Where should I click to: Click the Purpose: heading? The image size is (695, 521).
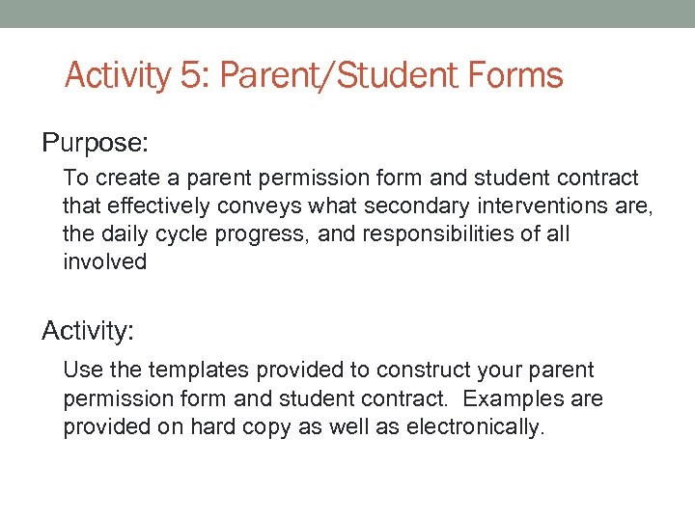[x=95, y=144]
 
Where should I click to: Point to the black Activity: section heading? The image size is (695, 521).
[x=88, y=332]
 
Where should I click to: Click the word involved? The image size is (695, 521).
[x=104, y=262]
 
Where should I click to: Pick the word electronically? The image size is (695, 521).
[x=481, y=426]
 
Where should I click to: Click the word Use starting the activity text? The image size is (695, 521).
[x=80, y=370]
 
